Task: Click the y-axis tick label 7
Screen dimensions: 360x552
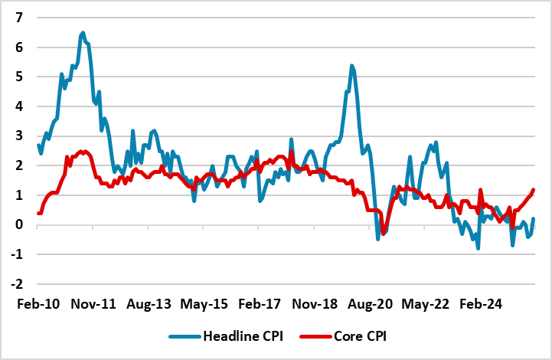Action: tap(19, 17)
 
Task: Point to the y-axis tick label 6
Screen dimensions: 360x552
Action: tap(19, 47)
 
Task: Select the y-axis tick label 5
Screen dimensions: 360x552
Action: tap(19, 77)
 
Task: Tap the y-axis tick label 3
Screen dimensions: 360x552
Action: tap(19, 136)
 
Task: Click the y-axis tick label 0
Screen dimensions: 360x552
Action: tap(19, 224)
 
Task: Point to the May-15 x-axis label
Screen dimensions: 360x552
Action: tap(205, 304)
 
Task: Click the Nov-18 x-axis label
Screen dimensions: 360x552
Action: tap(316, 304)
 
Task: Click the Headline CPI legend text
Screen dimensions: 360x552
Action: tap(241, 336)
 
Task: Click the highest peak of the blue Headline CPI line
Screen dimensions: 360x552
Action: tap(83, 32)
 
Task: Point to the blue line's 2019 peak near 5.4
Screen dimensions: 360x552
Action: tap(351, 66)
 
